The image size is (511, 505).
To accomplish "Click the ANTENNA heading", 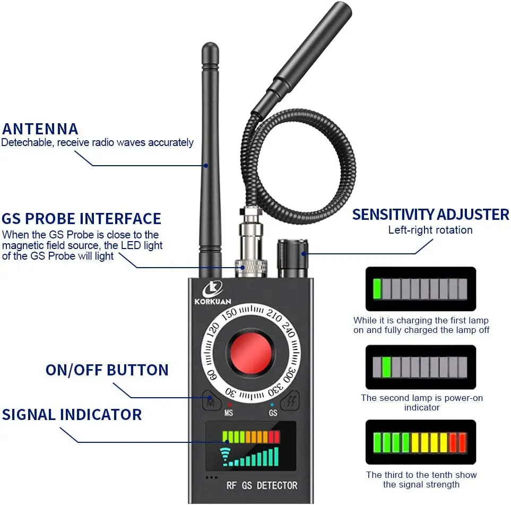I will click(x=40, y=129).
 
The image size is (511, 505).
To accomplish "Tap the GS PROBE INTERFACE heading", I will click(x=81, y=219).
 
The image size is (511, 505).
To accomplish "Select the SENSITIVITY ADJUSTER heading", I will click(x=430, y=215).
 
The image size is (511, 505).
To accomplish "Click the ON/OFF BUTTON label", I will click(x=107, y=370).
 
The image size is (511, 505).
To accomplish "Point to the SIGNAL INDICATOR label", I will click(x=72, y=415).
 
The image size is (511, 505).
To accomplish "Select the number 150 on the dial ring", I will click(x=229, y=313).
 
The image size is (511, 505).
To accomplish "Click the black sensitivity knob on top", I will click(x=293, y=258).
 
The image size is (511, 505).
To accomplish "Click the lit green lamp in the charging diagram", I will click(x=377, y=289).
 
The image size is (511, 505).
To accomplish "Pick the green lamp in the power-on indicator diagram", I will click(x=387, y=367).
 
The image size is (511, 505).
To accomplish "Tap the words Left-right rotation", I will click(x=430, y=230).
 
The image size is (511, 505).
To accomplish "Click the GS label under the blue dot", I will click(x=273, y=412).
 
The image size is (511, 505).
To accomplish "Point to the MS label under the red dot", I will click(x=229, y=412).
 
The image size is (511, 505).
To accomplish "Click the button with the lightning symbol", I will click(x=291, y=402).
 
